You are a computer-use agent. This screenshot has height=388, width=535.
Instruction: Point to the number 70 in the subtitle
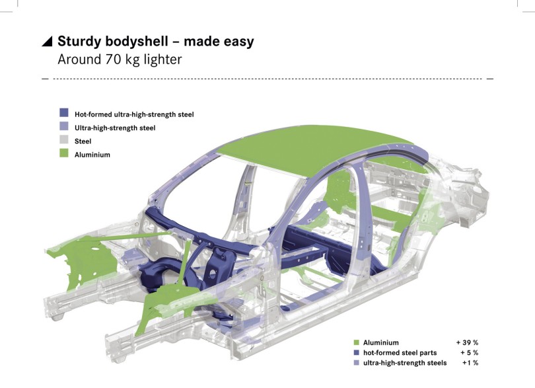pos(114,59)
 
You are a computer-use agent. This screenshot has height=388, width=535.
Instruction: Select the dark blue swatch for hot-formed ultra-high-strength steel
pos(64,113)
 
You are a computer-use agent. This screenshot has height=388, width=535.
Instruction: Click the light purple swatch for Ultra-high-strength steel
pos(64,126)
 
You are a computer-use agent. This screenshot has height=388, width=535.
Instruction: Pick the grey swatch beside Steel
pos(64,139)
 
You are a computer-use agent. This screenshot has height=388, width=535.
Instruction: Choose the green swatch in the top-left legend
pos(64,153)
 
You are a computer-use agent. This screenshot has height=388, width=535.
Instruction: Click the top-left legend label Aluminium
pos(92,155)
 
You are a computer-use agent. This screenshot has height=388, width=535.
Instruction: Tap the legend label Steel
pos(83,141)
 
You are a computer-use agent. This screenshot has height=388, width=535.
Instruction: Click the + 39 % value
pos(467,342)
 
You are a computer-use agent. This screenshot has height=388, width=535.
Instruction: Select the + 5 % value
pos(469,353)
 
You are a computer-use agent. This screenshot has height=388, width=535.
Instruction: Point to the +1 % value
pos(470,363)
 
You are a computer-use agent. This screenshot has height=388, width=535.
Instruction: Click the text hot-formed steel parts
pos(400,353)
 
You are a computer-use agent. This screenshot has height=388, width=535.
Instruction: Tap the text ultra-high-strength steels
pos(405,363)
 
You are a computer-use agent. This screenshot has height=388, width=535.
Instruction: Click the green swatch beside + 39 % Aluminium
pos(357,342)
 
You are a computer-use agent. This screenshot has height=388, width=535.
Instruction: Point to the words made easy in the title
pos(219,42)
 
